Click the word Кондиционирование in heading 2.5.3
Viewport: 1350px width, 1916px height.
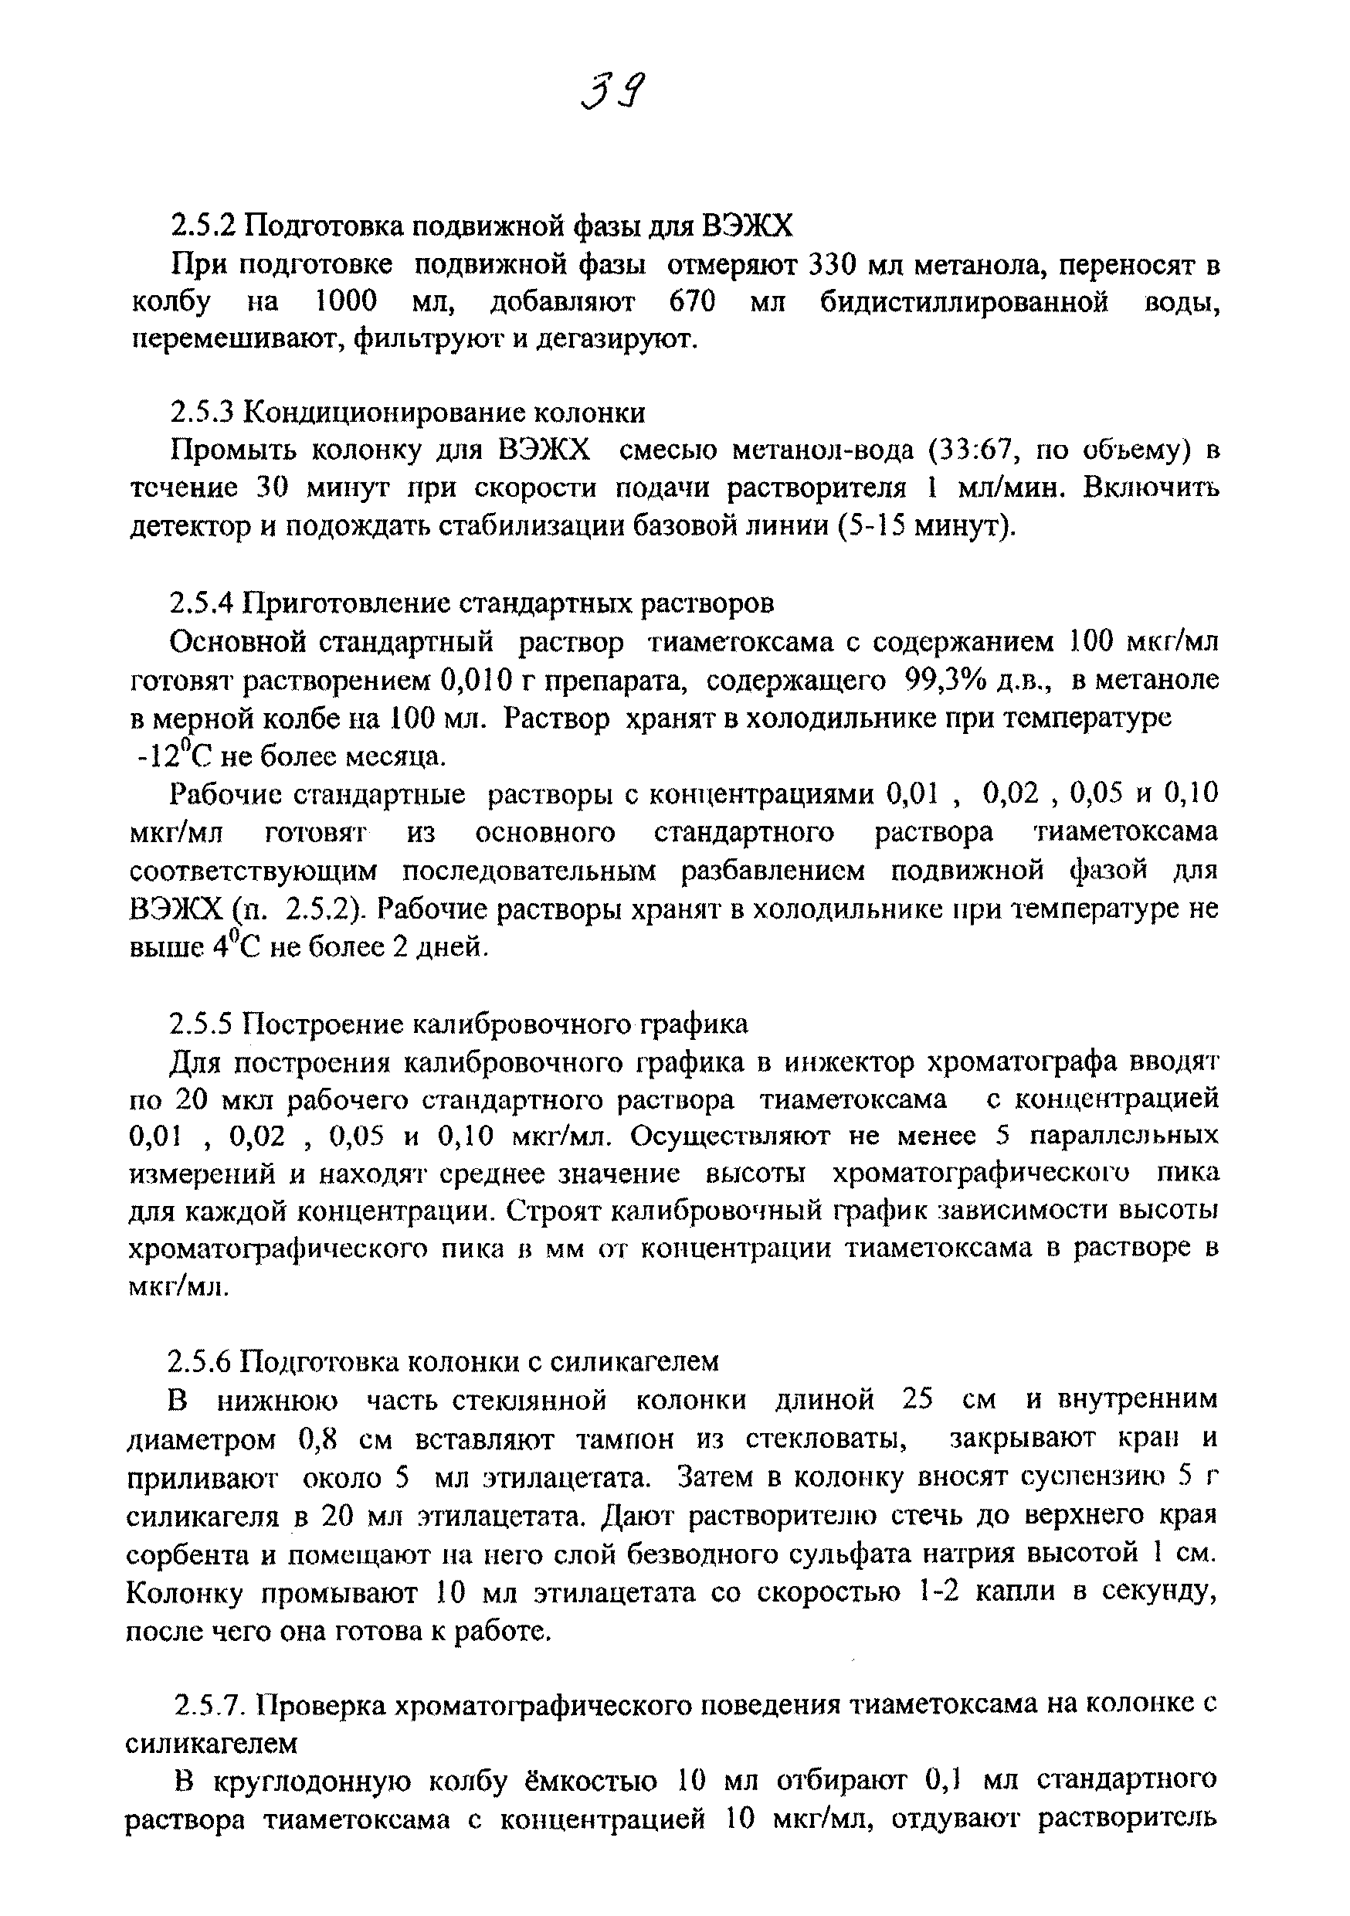[381, 413]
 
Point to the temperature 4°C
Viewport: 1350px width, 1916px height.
[238, 946]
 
